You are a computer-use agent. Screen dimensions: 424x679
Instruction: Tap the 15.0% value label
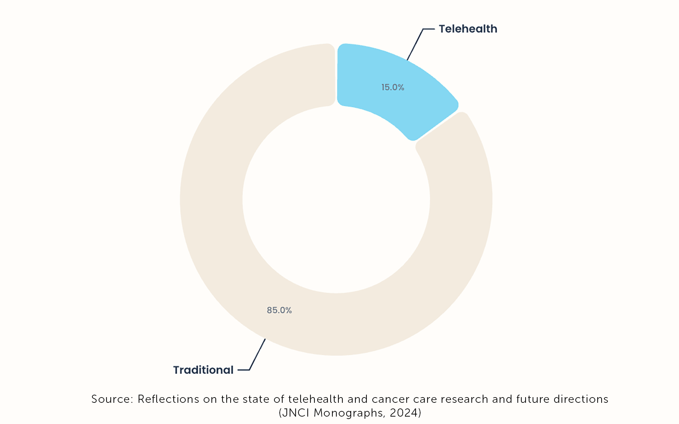click(393, 87)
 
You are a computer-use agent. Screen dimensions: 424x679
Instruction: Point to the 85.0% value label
click(279, 310)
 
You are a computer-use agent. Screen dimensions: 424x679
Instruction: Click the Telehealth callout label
click(468, 29)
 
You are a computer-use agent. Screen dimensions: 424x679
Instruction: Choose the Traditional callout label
click(203, 370)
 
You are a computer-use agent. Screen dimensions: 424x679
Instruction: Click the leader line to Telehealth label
click(416, 44)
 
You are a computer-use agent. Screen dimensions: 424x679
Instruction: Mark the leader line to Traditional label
click(257, 354)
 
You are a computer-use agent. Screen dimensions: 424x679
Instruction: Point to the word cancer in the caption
click(390, 399)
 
